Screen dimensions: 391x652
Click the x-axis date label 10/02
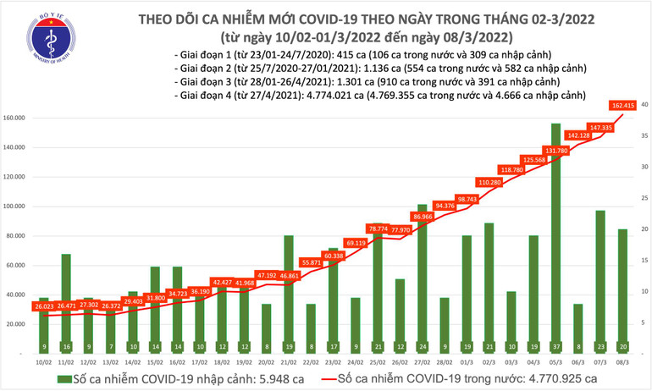click(42, 363)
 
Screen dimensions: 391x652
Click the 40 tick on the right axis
click(644, 104)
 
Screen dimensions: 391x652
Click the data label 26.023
click(42, 306)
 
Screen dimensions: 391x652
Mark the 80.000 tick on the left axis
click(19, 236)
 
